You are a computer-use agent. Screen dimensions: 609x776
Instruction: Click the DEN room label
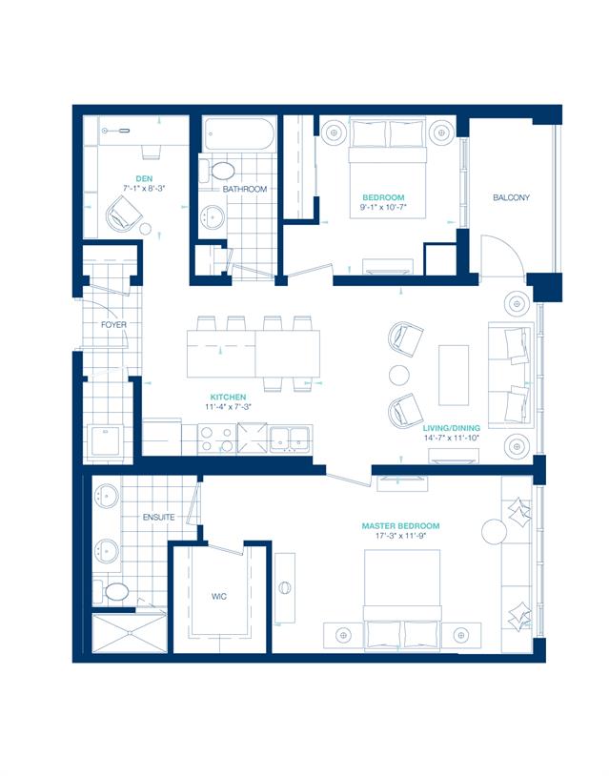(144, 178)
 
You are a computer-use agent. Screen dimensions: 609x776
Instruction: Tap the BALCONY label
(511, 197)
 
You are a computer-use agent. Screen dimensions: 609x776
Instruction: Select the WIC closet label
(219, 597)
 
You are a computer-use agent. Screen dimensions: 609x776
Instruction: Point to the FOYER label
(113, 325)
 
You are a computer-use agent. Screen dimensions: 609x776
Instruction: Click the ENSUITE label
(158, 517)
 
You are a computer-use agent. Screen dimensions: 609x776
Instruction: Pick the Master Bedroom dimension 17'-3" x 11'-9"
(400, 536)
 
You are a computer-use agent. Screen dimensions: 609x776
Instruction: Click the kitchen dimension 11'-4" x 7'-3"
(228, 407)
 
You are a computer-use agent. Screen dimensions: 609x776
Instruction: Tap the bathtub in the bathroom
(238, 134)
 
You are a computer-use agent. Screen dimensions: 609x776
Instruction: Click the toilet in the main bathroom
(217, 172)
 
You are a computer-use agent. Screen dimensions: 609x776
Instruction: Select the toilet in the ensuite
(112, 591)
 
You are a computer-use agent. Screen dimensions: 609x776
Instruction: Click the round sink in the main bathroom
(213, 216)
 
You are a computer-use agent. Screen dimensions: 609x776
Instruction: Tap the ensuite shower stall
(130, 632)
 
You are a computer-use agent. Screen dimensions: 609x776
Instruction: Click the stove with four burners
(216, 439)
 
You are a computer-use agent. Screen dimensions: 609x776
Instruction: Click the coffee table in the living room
(454, 376)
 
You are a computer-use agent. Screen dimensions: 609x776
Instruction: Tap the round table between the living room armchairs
(399, 376)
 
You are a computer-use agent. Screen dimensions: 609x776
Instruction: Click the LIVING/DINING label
(451, 428)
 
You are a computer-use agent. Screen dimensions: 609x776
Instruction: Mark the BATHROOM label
(244, 189)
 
